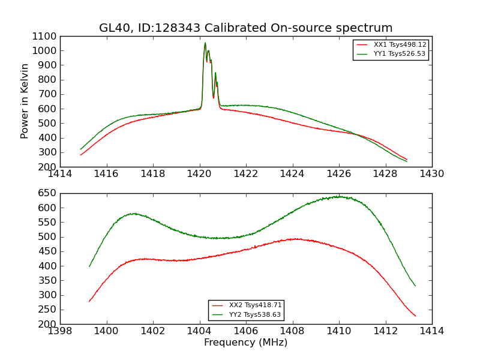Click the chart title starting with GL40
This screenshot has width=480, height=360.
(x=245, y=28)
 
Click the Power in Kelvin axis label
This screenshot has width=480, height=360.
(x=25, y=101)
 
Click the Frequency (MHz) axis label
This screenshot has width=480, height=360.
(x=245, y=343)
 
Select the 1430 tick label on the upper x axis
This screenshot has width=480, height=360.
(x=431, y=174)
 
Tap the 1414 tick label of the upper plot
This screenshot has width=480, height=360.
(x=60, y=174)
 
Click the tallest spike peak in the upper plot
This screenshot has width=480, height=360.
(x=205, y=43)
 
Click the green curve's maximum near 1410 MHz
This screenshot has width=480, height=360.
(x=339, y=196)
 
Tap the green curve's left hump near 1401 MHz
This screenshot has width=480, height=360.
(x=134, y=213)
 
